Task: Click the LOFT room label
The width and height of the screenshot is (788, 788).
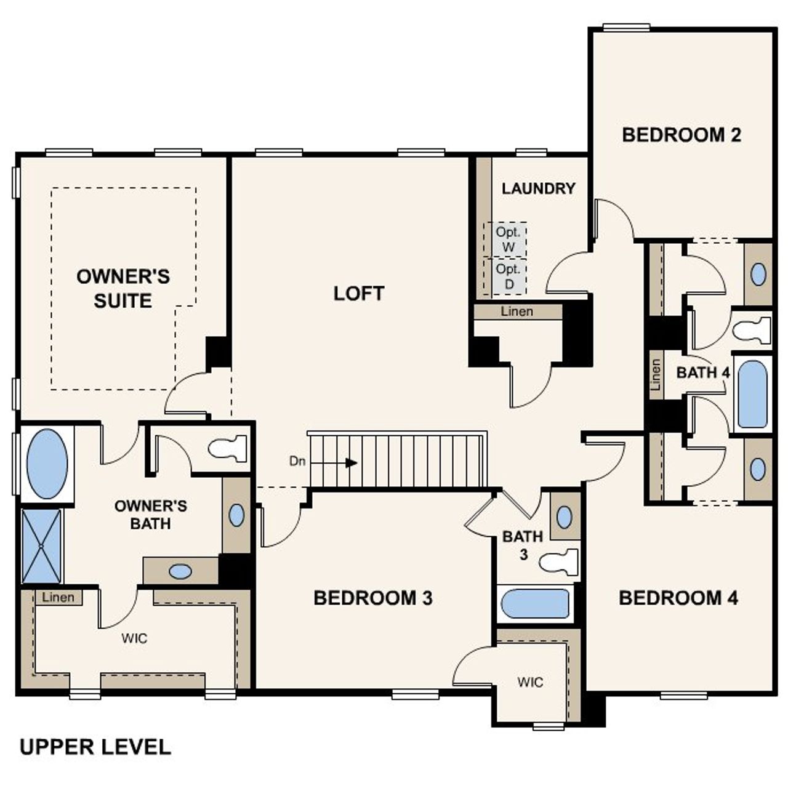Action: point(359,294)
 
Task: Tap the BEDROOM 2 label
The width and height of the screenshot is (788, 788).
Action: point(681,135)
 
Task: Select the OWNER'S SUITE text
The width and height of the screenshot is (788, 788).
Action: point(123,288)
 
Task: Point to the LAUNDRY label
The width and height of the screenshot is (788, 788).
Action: point(538,188)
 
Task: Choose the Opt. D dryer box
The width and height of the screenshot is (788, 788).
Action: point(509,276)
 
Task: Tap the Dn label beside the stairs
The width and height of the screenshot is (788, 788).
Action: point(297,461)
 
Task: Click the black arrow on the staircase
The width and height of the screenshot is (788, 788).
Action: point(350,462)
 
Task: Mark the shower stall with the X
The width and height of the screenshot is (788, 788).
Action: point(41,545)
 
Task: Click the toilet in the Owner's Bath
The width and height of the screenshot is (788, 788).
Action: point(229,448)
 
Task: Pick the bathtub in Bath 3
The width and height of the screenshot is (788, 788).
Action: point(534,604)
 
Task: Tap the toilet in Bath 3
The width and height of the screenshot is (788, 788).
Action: point(559,561)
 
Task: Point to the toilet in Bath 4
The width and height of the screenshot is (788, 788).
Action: point(752,329)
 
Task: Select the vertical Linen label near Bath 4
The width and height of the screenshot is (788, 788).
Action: point(656,375)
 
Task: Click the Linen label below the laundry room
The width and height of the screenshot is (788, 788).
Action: point(517,312)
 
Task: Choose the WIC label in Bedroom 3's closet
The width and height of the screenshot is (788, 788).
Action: point(530,682)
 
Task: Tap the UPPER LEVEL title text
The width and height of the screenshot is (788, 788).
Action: point(95,747)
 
